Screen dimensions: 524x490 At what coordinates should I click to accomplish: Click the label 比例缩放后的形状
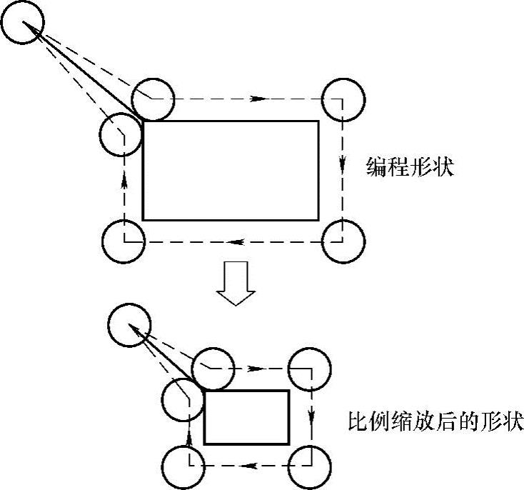[x=435, y=420]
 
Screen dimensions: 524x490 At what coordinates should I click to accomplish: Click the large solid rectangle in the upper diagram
[x=231, y=170]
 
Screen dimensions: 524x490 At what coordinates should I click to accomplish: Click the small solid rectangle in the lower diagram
[x=246, y=417]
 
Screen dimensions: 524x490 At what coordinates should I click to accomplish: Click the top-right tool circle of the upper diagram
[x=343, y=99]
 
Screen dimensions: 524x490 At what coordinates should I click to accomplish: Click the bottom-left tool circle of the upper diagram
[x=124, y=241]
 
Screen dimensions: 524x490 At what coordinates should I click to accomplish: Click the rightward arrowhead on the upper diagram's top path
[x=263, y=98]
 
